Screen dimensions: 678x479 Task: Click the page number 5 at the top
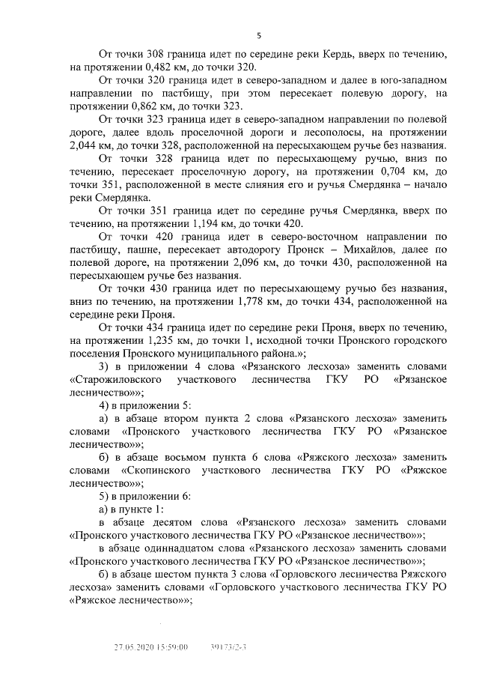click(x=258, y=35)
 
